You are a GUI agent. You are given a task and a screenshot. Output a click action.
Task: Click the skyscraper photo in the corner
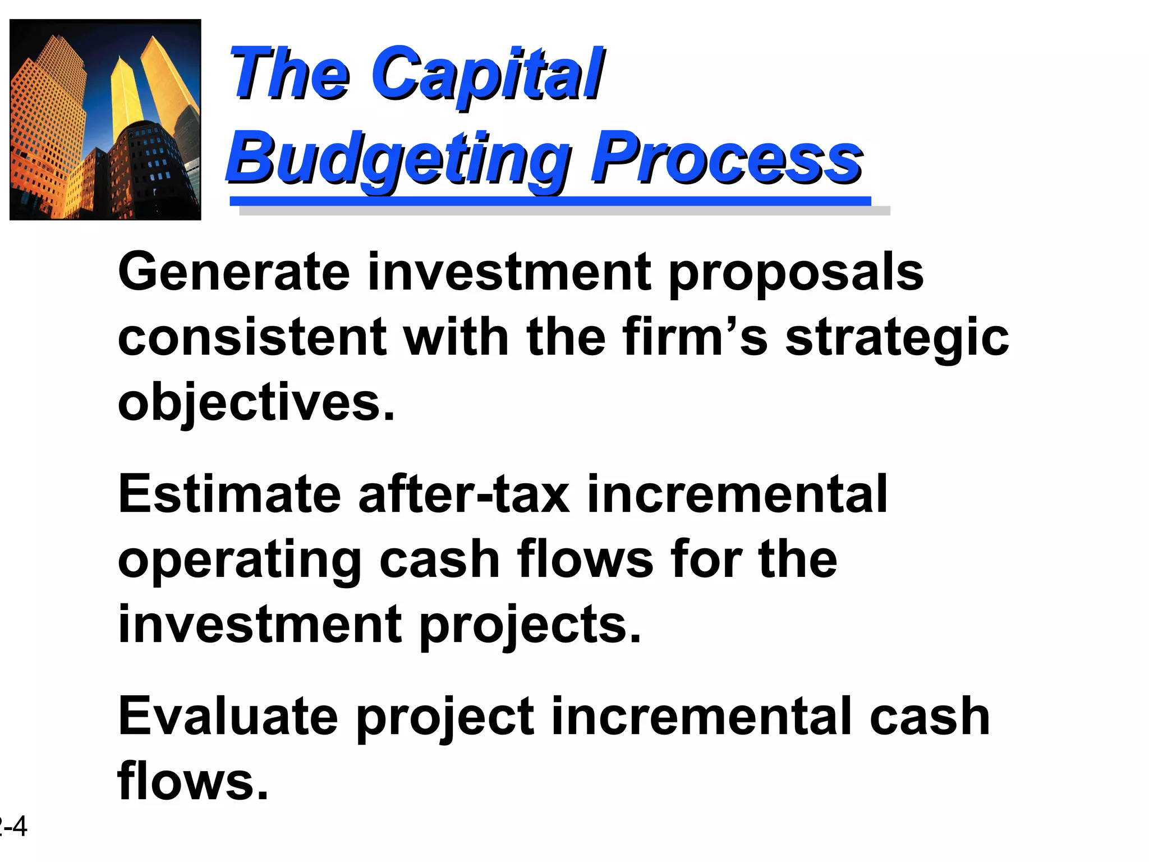pos(105,120)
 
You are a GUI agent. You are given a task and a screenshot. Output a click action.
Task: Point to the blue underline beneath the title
pos(550,201)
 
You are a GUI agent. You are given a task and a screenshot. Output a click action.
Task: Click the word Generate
pos(234,273)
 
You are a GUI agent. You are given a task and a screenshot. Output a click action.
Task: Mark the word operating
pos(240,561)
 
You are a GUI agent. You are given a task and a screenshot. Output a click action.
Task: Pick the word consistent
pos(252,338)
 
